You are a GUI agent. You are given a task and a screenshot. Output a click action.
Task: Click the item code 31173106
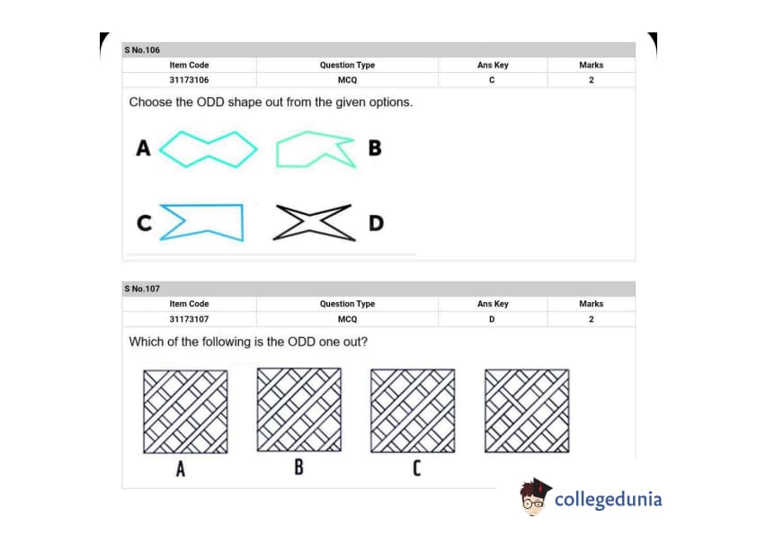pos(189,80)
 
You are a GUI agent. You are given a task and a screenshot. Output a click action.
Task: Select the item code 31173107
pos(189,319)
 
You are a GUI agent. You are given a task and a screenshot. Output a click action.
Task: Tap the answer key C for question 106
pos(492,80)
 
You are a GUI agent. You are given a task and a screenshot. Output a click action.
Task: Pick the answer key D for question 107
pos(492,319)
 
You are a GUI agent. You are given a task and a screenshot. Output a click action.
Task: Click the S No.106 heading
pos(142,49)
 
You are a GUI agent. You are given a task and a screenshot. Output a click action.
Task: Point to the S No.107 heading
pos(142,289)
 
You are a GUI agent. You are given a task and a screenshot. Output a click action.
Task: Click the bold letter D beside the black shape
pos(376,223)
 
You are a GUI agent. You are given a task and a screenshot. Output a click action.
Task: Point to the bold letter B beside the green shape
pos(375,147)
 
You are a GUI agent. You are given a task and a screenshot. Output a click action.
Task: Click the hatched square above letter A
pos(185,412)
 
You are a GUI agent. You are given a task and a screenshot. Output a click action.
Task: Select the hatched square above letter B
pos(299,409)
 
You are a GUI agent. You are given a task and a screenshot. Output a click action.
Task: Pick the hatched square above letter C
pos(413,410)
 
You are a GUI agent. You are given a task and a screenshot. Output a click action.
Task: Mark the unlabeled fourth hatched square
pos(527,410)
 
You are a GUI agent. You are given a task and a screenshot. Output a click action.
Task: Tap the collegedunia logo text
pos(609,499)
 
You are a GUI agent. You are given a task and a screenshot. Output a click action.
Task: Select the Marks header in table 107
pos(592,304)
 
